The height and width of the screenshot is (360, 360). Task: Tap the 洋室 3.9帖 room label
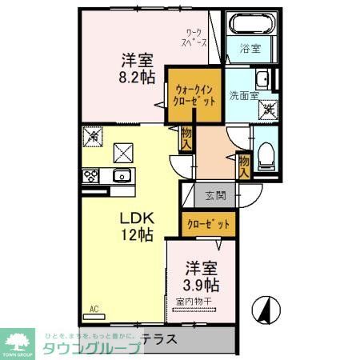coord(202,276)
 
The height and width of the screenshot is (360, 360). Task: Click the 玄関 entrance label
coord(215,195)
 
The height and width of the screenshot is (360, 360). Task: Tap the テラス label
coord(159,338)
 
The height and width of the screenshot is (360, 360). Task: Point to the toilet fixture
coord(267,154)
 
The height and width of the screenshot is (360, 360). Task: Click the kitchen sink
coord(122,177)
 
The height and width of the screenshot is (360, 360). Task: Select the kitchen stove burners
coord(90,177)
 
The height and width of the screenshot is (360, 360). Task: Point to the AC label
coord(94,309)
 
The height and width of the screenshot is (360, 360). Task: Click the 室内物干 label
coord(193,301)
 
